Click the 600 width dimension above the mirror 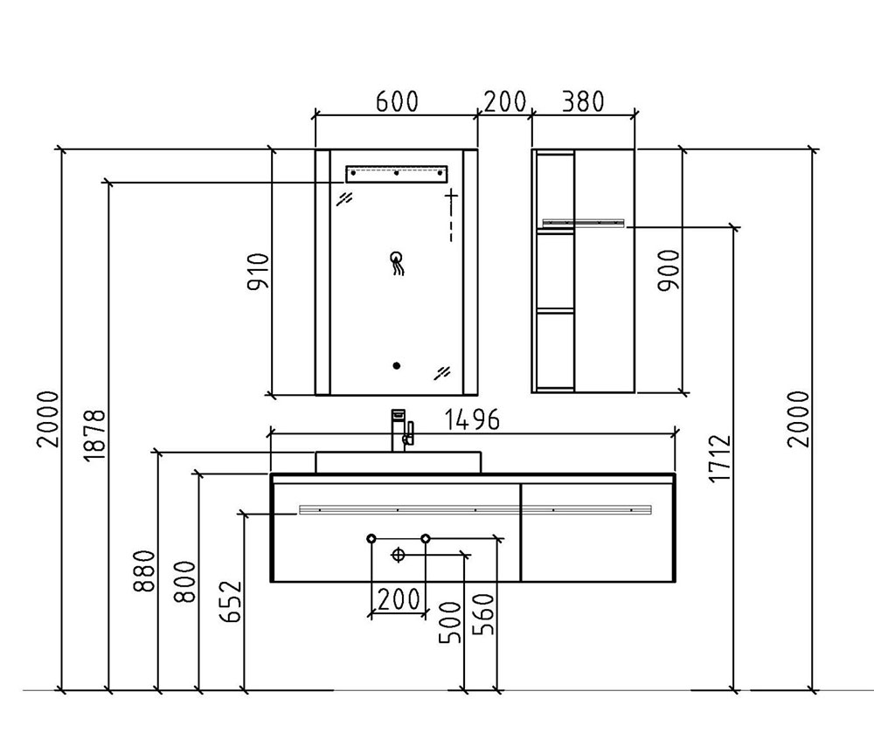point(397,101)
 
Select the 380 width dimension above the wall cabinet point(582,101)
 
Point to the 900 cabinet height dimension point(669,270)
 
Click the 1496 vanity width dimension point(472,419)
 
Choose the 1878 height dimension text point(94,435)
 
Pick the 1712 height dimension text point(719,458)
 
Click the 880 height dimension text point(145,571)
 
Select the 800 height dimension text point(185,582)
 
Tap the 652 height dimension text point(231,602)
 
